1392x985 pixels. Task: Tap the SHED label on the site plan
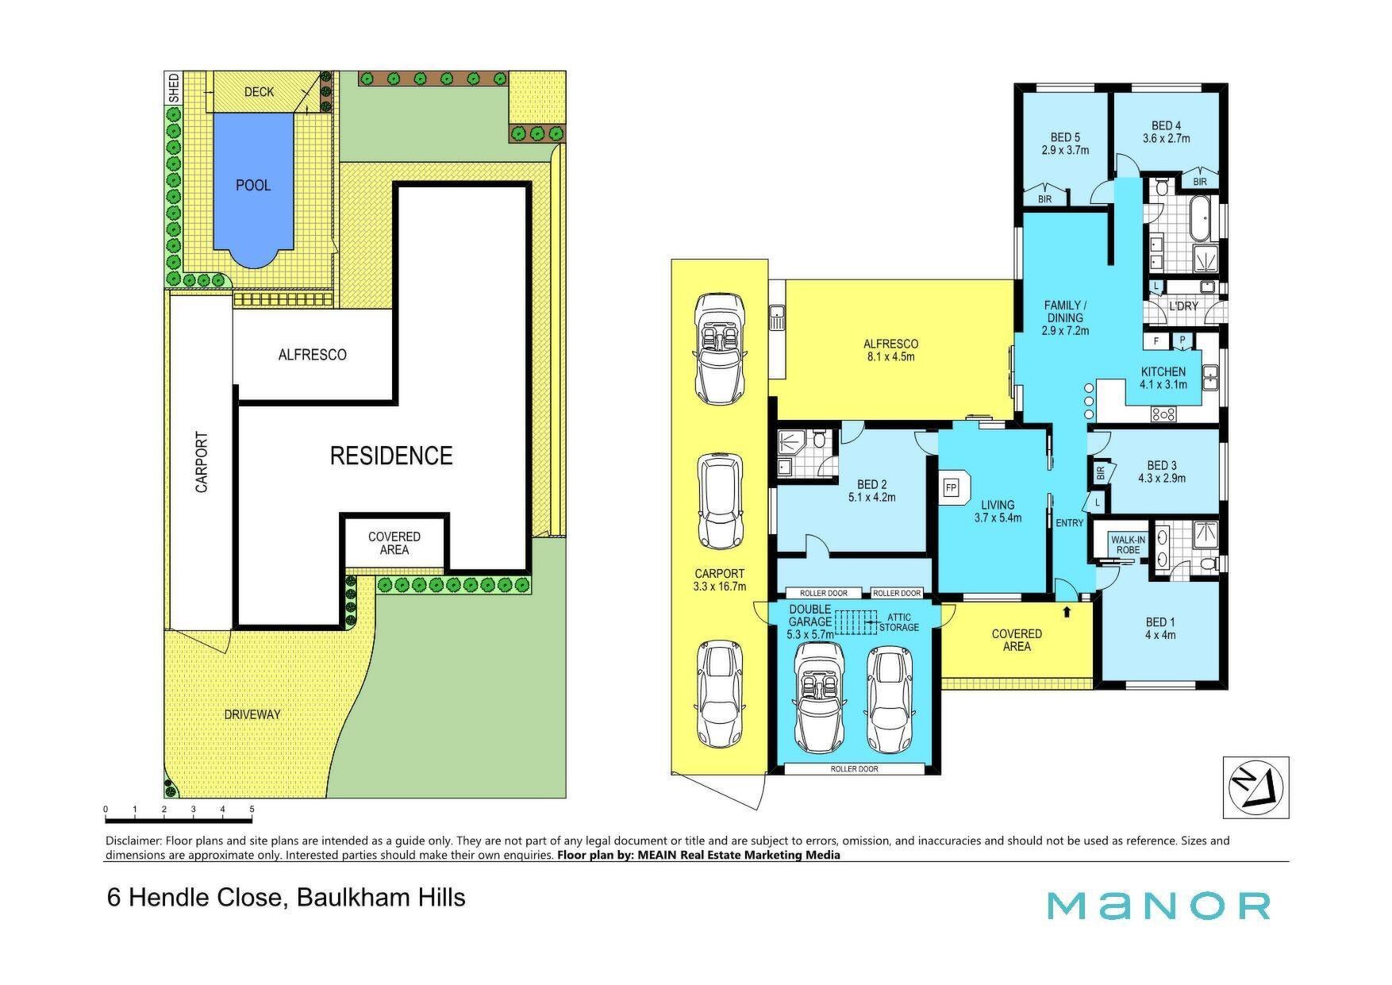(174, 87)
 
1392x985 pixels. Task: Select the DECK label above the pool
(259, 92)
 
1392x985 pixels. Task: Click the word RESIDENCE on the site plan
(391, 456)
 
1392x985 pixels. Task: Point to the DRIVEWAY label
(252, 714)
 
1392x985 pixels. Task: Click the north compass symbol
(1255, 787)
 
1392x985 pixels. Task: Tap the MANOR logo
(1159, 906)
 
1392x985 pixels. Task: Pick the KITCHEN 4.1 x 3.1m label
(1163, 378)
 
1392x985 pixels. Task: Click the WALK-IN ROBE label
(1128, 545)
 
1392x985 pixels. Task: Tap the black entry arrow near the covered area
(1066, 612)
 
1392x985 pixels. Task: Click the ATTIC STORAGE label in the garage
(899, 622)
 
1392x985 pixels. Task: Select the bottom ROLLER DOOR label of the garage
(855, 769)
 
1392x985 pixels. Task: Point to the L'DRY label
(1184, 306)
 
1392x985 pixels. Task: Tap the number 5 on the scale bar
(252, 810)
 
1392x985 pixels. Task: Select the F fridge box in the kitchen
(1157, 341)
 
